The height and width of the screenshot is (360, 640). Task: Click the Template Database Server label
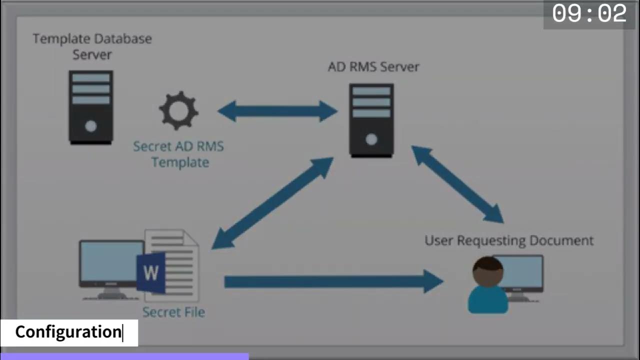click(x=92, y=46)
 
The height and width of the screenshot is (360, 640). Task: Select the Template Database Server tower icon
click(x=90, y=107)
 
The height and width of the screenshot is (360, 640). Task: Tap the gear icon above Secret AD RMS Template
click(x=178, y=110)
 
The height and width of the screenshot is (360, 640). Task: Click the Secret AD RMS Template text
click(x=178, y=154)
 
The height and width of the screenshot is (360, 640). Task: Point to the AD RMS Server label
click(x=373, y=66)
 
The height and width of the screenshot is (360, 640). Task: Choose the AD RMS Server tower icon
click(x=371, y=120)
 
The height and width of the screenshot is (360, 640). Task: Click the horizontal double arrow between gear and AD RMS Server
click(x=277, y=111)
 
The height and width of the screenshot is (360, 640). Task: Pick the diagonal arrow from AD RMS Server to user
click(x=457, y=184)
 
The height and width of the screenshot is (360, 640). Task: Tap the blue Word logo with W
click(x=150, y=272)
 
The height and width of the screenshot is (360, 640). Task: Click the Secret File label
click(x=173, y=312)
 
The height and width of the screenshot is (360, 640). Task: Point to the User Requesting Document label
click(x=509, y=240)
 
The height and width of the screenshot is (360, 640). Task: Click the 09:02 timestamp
click(x=589, y=14)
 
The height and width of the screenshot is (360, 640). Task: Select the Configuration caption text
click(x=68, y=332)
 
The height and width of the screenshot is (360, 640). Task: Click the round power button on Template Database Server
click(x=90, y=126)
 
